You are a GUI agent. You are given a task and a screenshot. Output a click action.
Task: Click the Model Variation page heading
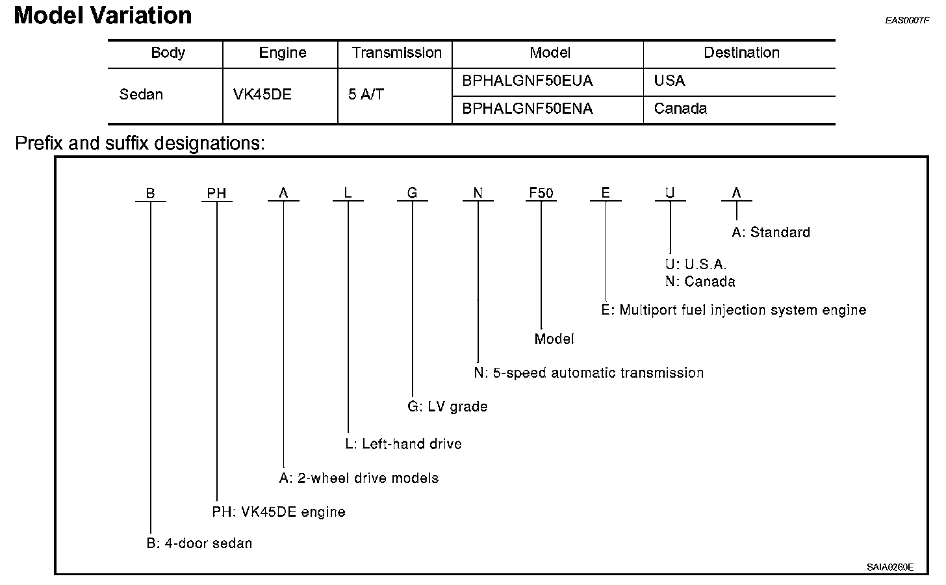(x=103, y=16)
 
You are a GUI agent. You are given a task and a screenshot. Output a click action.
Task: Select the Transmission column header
(x=396, y=53)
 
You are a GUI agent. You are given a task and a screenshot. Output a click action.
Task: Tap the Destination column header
(x=741, y=53)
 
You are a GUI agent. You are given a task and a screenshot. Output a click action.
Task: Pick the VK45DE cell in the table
(x=262, y=95)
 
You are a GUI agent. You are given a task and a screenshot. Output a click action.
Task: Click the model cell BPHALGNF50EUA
(x=527, y=81)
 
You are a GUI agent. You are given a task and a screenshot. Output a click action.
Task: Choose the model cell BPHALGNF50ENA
(x=527, y=109)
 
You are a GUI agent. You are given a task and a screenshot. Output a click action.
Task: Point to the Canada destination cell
(x=680, y=109)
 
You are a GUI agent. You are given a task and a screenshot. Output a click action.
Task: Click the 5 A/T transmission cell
(x=366, y=95)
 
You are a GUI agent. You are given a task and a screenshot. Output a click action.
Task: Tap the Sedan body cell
(x=141, y=95)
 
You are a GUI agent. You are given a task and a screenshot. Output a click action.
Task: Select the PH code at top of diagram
(x=216, y=193)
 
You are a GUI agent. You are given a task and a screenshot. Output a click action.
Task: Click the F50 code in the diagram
(x=541, y=193)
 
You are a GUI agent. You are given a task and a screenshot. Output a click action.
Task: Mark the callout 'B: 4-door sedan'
(x=199, y=543)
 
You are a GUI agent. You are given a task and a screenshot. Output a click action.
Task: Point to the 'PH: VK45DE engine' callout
(x=279, y=512)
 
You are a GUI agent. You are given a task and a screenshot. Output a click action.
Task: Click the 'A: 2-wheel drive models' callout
(x=359, y=478)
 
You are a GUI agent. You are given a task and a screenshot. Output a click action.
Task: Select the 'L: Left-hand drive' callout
(x=403, y=444)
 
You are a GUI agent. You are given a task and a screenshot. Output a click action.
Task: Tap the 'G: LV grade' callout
(x=447, y=407)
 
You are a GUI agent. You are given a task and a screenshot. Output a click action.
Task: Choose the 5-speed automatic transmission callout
(x=589, y=373)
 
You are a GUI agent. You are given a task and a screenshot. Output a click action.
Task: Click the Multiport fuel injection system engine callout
(x=734, y=310)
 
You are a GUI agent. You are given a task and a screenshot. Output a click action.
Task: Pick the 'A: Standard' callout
(x=771, y=233)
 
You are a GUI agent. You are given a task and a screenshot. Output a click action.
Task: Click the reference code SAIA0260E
(x=889, y=567)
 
